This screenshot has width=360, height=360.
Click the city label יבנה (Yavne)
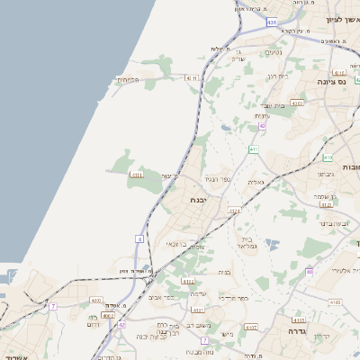199,200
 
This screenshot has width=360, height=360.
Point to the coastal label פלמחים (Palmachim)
128,79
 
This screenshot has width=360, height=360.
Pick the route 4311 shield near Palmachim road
190,78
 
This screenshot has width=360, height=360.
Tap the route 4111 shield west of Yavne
137,175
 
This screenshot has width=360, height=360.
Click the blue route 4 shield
139,238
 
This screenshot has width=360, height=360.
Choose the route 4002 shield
108,315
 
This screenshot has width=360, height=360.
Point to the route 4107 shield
251,326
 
